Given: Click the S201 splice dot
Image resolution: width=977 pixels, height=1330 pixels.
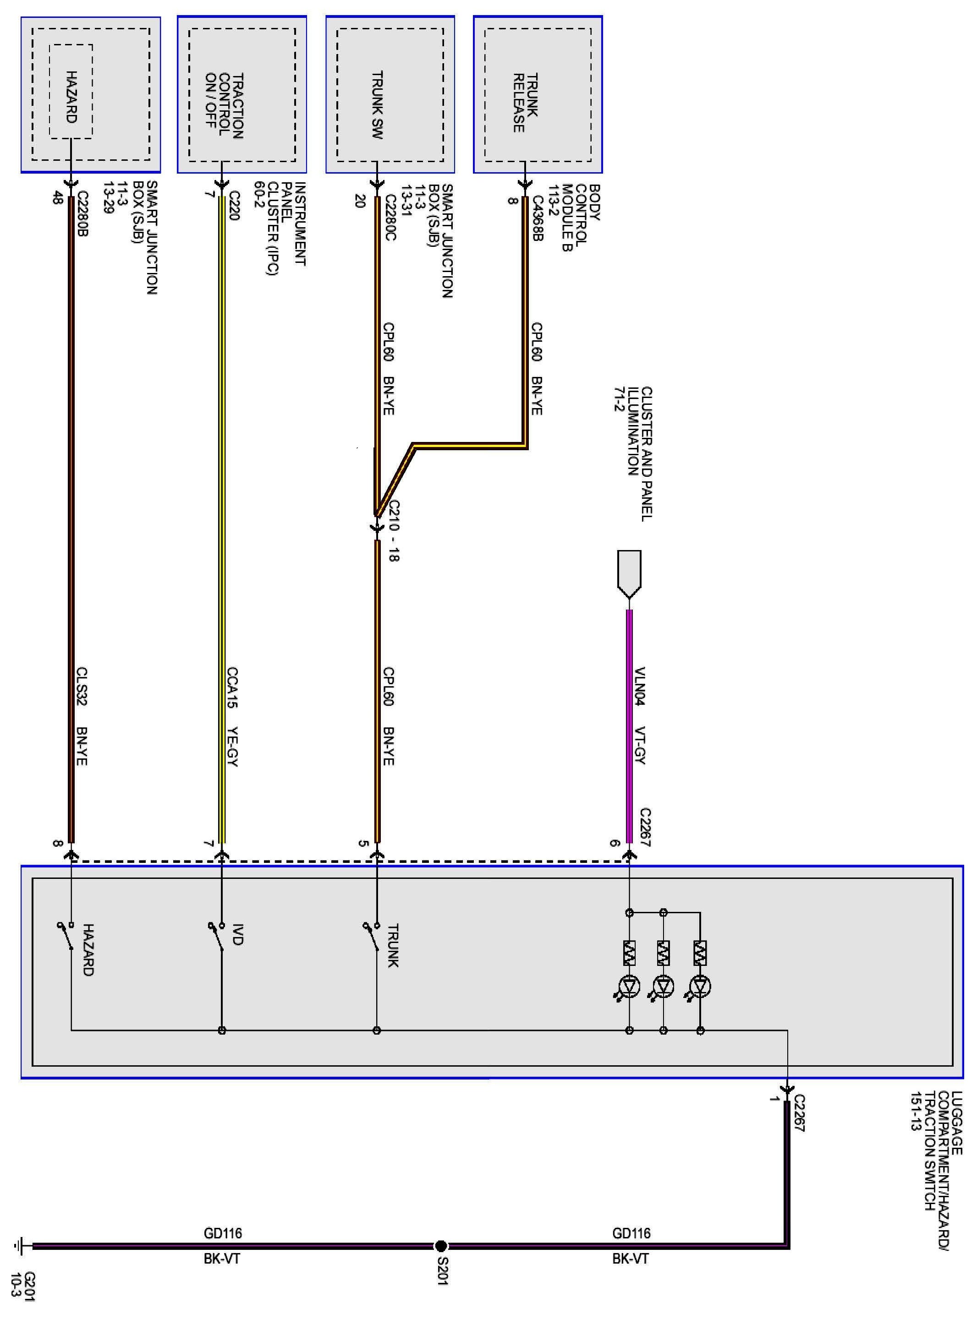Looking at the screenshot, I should pos(440,1246).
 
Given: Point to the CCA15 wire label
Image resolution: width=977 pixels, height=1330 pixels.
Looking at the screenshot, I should pos(232,687).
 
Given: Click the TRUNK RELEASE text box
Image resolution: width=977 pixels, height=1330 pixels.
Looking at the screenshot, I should pos(525,103).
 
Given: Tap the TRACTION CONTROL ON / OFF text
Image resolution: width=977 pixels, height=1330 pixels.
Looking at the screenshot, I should pos(224,106).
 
